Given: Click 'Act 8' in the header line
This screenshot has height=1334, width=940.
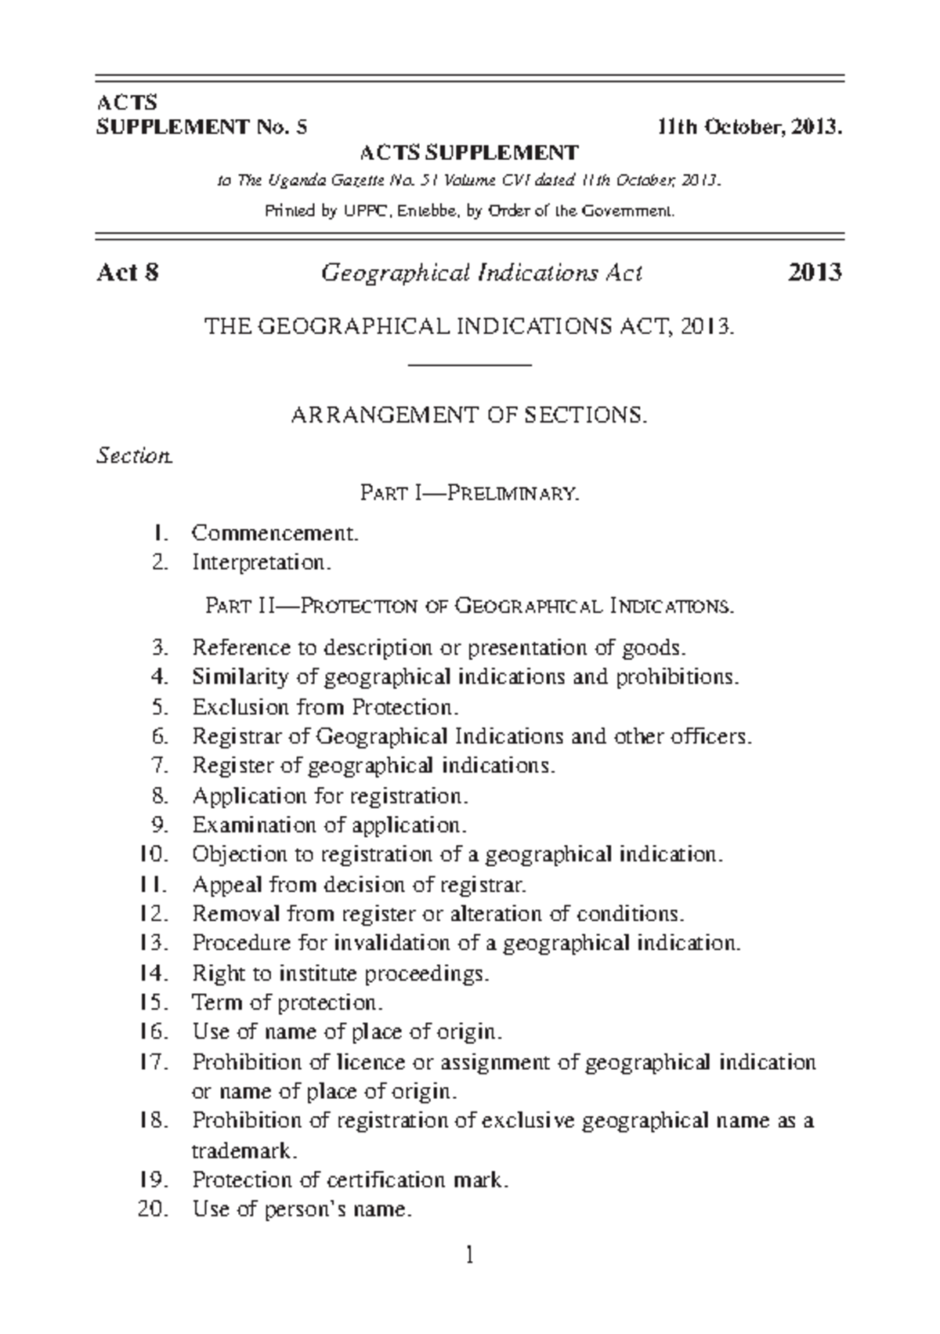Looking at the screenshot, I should coord(127,273).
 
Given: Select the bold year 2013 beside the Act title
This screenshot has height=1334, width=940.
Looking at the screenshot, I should coord(815,273).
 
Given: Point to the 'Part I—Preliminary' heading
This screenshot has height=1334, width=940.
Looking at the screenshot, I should coord(469,494).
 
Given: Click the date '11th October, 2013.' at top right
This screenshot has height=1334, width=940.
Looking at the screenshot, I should coord(750,127).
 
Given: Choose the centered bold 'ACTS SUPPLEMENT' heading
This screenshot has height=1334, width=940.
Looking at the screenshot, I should coord(468,152).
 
